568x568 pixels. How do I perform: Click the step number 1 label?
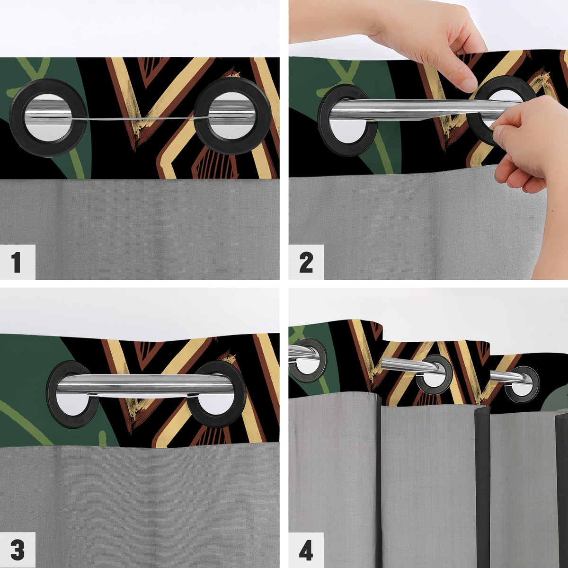16,262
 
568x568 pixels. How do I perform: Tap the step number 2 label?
306,263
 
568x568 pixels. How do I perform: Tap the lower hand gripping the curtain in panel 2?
528,147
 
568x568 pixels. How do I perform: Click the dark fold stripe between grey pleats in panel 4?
482,487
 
